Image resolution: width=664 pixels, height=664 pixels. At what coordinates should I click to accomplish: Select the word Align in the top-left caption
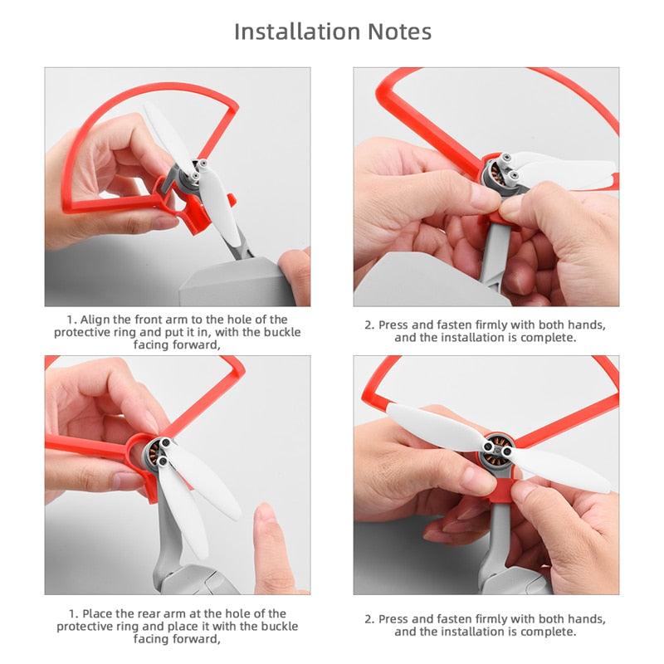click(x=95, y=320)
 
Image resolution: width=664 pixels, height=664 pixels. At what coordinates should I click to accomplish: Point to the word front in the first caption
click(x=151, y=320)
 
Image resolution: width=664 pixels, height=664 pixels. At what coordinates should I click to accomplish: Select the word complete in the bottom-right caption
click(x=547, y=632)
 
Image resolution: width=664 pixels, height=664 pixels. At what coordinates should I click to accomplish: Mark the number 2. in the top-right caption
click(x=369, y=325)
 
